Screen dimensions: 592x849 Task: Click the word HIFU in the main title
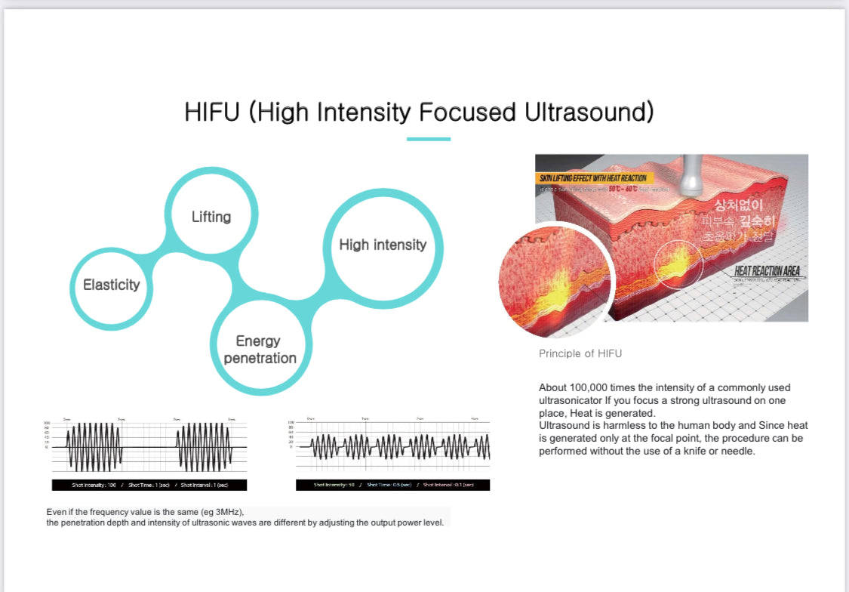click(214, 112)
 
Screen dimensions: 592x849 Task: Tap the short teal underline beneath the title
click(428, 139)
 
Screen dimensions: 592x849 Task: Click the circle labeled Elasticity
click(112, 285)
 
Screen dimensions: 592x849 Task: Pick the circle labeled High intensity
click(383, 245)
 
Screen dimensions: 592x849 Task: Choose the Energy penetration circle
click(260, 350)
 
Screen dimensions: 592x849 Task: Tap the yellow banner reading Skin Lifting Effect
click(593, 178)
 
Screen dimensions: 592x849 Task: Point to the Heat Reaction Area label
click(767, 271)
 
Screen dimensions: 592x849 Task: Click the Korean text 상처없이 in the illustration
click(739, 205)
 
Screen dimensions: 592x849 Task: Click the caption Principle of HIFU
click(580, 353)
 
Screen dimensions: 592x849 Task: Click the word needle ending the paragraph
click(740, 451)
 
